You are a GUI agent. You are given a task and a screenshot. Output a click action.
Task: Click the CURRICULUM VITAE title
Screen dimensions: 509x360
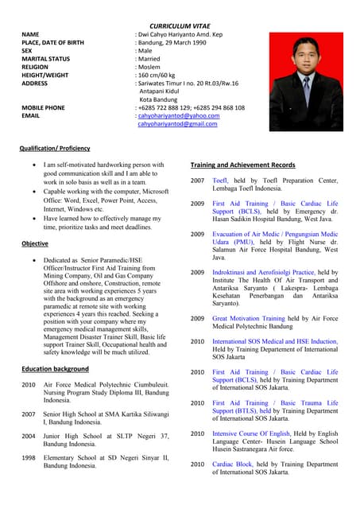(x=180, y=25)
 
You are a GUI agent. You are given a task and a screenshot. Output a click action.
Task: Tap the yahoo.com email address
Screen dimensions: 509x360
(x=179, y=115)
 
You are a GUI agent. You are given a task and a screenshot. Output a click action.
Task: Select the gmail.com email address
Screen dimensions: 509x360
(x=177, y=124)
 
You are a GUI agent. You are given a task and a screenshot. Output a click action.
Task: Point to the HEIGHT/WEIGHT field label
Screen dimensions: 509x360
(x=49, y=75)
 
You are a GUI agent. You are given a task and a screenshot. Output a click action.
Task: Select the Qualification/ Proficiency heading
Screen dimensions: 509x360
(x=56, y=148)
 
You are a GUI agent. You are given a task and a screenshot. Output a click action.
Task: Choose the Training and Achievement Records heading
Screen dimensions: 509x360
(x=243, y=165)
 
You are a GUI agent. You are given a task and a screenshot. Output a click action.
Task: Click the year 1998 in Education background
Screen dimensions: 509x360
(x=29, y=457)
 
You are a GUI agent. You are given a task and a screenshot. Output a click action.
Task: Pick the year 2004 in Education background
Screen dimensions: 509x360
(x=29, y=436)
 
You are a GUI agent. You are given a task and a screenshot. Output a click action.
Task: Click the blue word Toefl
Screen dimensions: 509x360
(x=220, y=181)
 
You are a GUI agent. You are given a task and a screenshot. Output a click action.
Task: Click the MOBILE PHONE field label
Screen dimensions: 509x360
(x=44, y=107)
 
